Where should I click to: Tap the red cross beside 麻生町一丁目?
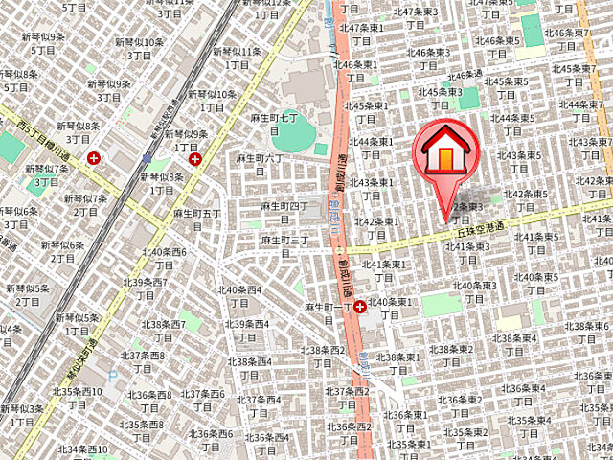point(359,307)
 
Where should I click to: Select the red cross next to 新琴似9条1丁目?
point(195,158)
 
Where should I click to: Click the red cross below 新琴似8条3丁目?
point(94,158)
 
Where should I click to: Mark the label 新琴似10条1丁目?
point(212,101)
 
